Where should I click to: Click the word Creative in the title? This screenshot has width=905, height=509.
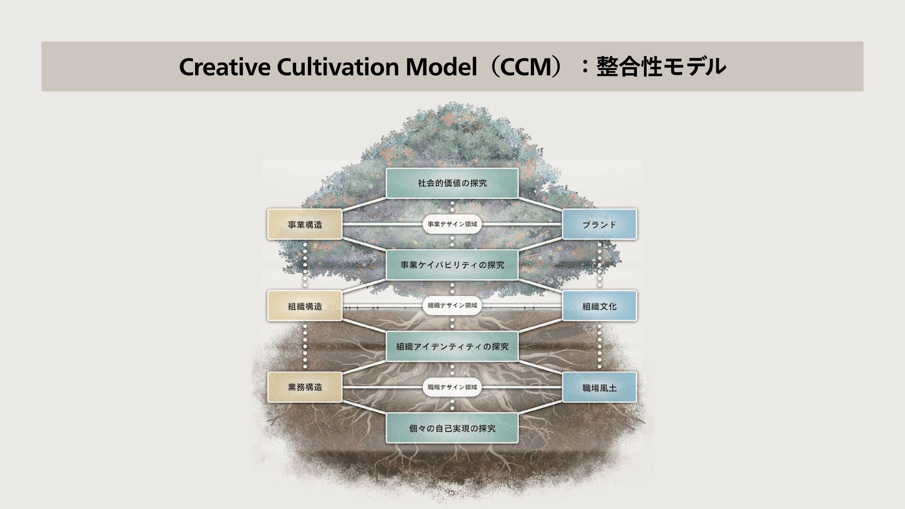[224, 67]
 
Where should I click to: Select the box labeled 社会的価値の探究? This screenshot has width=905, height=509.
[452, 183]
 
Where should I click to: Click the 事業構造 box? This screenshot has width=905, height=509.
[305, 225]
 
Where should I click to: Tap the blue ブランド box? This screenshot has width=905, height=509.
[599, 225]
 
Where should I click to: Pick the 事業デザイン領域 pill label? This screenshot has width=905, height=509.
[452, 224]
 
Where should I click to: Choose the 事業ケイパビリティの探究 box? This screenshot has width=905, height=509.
[452, 265]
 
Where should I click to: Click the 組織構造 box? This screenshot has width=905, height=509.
[305, 306]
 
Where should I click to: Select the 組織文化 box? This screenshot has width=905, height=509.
[599, 306]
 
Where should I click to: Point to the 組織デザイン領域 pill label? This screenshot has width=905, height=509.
[452, 305]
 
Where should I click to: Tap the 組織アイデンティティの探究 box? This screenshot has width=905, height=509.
[452, 347]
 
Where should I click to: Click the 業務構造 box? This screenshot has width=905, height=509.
[305, 387]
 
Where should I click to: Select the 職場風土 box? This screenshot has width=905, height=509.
[599, 388]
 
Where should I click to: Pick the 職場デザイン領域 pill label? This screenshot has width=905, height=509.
[452, 387]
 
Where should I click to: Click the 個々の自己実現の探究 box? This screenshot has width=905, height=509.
[452, 428]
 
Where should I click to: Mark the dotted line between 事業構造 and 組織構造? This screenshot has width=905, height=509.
[305, 265]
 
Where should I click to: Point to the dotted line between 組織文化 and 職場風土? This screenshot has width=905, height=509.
[600, 346]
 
